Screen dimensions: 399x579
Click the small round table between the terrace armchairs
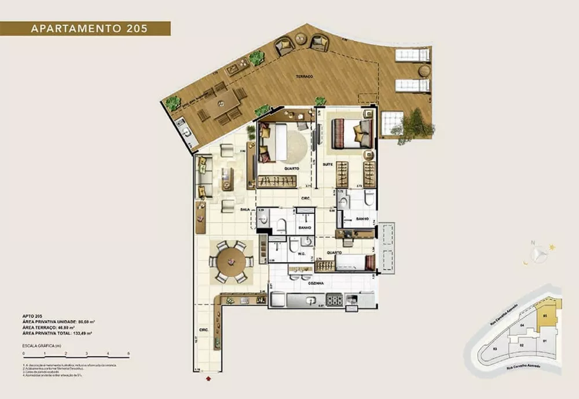pos(301,39)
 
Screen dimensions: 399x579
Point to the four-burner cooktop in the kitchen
pos(335,300)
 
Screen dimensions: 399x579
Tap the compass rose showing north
pos(539,252)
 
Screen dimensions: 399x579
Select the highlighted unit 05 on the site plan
pos(547,316)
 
